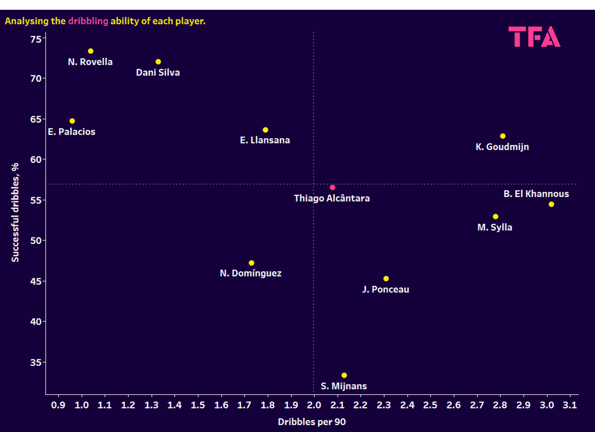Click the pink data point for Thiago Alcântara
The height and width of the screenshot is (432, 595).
pyautogui.click(x=332, y=187)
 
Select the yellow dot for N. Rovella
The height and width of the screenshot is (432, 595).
pyautogui.click(x=91, y=51)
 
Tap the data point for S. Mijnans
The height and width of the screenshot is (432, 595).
pyautogui.click(x=344, y=375)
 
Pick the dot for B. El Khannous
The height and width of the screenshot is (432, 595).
pyautogui.click(x=551, y=204)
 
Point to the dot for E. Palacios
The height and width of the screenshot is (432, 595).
pyautogui.click(x=72, y=121)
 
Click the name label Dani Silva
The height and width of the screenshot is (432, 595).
pyautogui.click(x=158, y=72)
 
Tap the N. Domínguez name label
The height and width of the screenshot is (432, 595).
pyautogui.click(x=251, y=273)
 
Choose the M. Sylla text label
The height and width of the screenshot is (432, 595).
pyautogui.click(x=494, y=227)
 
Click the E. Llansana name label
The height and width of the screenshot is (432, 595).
pyautogui.click(x=265, y=140)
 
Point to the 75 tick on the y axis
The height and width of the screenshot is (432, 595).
pyautogui.click(x=36, y=39)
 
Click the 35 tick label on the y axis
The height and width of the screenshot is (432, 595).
pyautogui.click(x=36, y=362)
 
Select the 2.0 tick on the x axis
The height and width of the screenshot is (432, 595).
pyautogui.click(x=314, y=405)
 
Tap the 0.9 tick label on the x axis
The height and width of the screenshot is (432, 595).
pyautogui.click(x=58, y=405)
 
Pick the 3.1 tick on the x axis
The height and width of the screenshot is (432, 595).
pyautogui.click(x=570, y=405)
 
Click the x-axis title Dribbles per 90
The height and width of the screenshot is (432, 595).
pyautogui.click(x=312, y=422)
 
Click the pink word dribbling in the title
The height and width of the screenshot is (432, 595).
pyautogui.click(x=88, y=21)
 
